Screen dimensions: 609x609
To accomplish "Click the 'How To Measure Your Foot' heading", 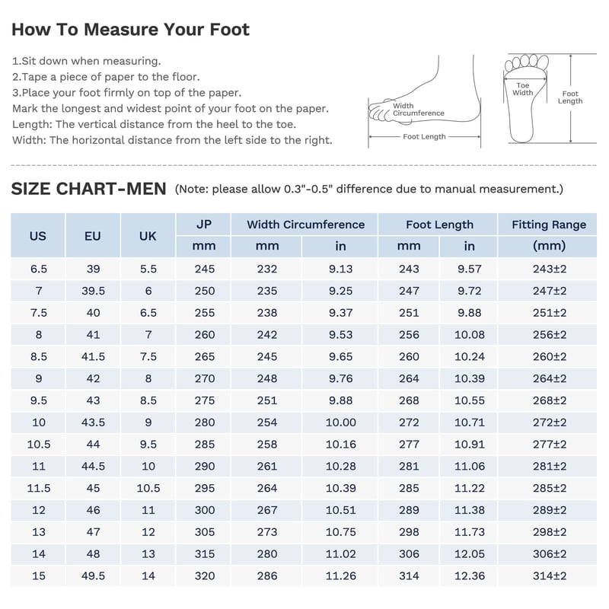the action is tap(130, 30).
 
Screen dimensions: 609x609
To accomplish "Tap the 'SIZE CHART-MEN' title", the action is tap(88, 189).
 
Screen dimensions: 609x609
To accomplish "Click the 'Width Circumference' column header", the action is tap(306, 225).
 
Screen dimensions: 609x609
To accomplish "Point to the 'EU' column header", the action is tap(93, 236).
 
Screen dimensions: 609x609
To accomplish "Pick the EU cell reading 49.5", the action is tap(93, 576).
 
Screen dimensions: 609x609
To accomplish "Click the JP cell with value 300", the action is tap(205, 510).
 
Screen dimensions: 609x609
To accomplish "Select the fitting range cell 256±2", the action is tap(550, 334).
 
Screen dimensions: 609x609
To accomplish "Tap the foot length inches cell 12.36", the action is tap(470, 576).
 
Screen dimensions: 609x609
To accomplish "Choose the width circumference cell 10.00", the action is tap(340, 422).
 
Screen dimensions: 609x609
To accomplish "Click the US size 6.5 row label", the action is tap(39, 269).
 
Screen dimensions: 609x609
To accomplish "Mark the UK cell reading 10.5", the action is tap(148, 488).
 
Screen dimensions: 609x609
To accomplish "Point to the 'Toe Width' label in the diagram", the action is tap(523, 89).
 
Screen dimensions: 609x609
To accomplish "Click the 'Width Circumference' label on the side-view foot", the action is tap(418, 110).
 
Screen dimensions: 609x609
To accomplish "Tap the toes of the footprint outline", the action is tap(527, 62).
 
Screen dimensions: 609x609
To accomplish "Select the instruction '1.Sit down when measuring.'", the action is tap(86, 61).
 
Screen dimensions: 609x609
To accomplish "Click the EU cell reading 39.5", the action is tap(93, 291).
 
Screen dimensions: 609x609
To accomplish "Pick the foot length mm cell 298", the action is tap(409, 531).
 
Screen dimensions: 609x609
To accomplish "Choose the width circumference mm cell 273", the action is tap(267, 531).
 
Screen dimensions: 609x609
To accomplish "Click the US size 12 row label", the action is tap(39, 510).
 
